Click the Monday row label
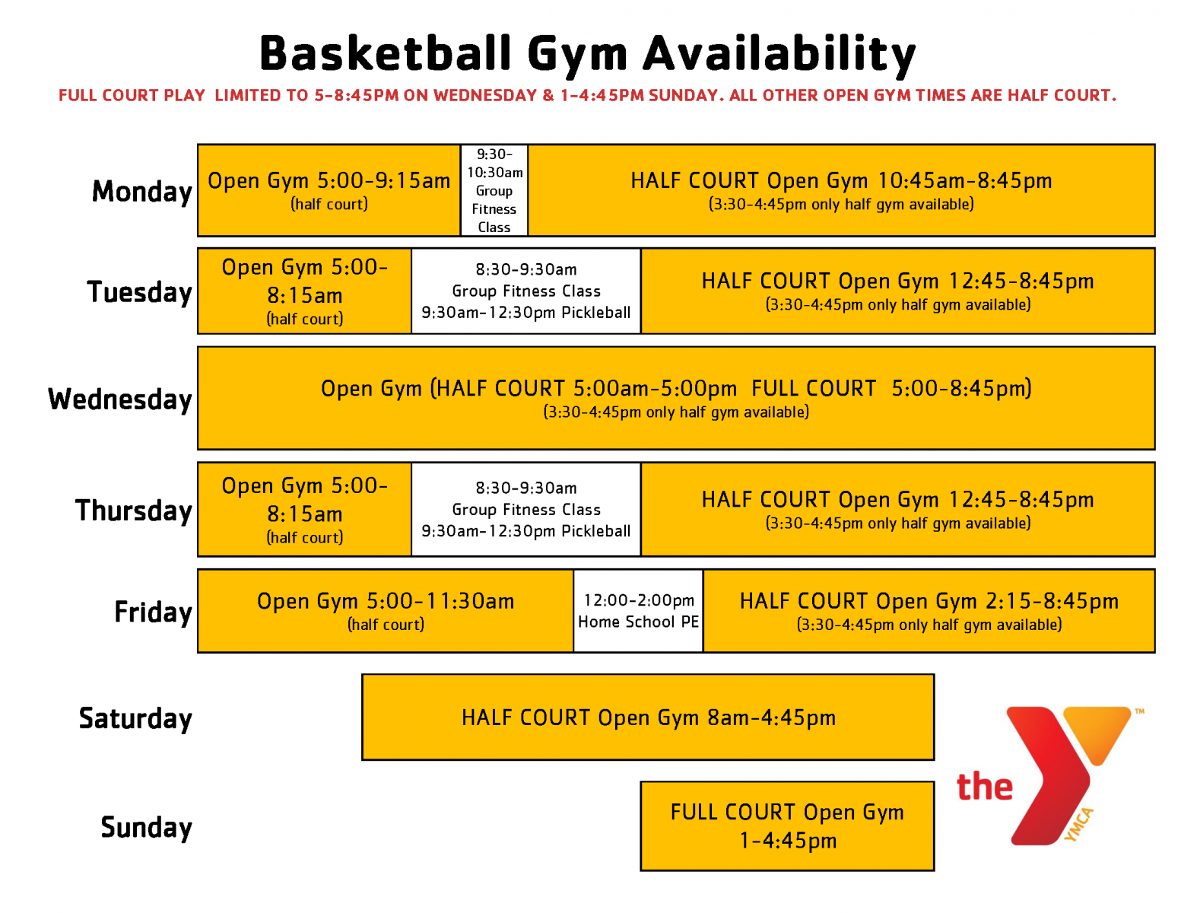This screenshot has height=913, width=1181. (x=142, y=192)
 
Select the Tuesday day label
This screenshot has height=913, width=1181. (x=140, y=292)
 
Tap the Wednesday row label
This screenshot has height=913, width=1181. (x=120, y=399)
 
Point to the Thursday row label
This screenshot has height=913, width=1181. (x=134, y=511)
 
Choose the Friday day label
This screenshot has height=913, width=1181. (x=154, y=612)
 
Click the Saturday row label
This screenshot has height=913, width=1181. (x=135, y=718)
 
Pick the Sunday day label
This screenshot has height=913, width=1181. (x=146, y=827)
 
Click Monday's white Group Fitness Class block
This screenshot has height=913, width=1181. (x=494, y=190)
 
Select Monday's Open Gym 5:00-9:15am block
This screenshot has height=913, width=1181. (x=329, y=190)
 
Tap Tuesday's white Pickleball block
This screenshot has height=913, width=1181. (x=526, y=291)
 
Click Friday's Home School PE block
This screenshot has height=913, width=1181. (x=638, y=611)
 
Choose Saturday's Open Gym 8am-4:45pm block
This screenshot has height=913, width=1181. (x=648, y=717)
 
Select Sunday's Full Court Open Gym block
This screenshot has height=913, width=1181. (x=787, y=826)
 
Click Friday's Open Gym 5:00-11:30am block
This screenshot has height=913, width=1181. (x=386, y=611)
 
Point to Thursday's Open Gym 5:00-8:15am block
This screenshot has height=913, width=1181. (x=304, y=510)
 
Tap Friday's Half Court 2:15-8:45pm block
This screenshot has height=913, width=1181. (x=929, y=611)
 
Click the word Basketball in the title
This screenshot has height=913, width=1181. (x=386, y=53)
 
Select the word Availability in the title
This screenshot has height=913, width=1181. (x=779, y=56)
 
